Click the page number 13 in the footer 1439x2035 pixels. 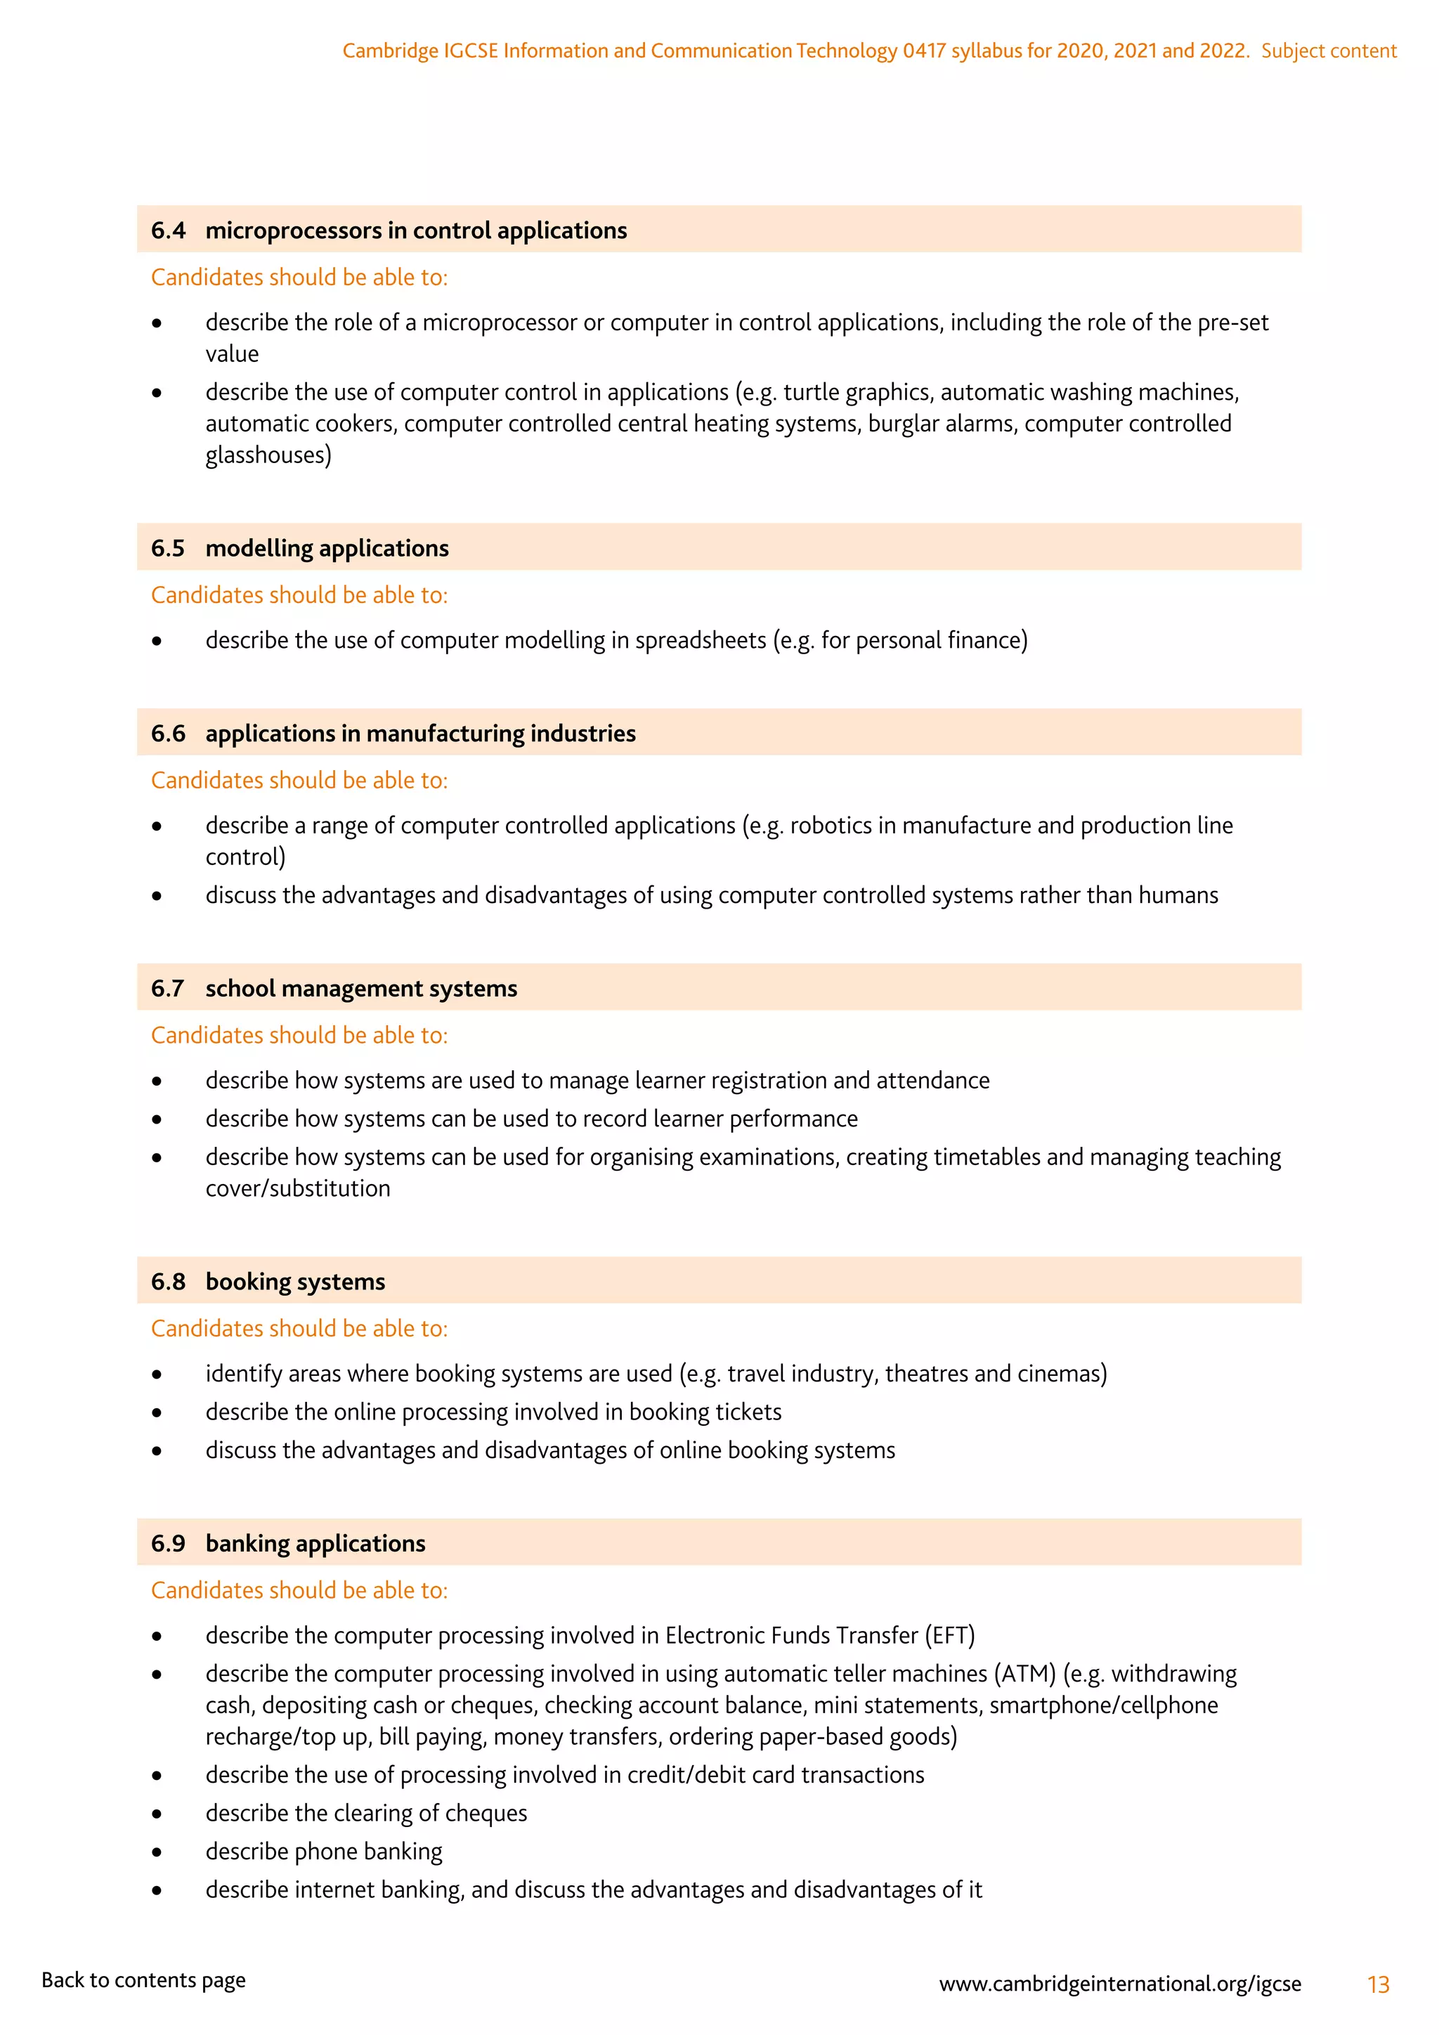(1378, 1984)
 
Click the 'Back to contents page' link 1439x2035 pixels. (143, 1980)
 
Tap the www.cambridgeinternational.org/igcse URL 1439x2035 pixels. (1120, 1984)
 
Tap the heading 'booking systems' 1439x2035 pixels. (295, 1282)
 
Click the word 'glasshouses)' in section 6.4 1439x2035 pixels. (268, 455)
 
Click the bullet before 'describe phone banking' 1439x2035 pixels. (157, 1852)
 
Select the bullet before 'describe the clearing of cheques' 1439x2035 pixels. (157, 1814)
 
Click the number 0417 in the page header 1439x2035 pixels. (924, 51)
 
